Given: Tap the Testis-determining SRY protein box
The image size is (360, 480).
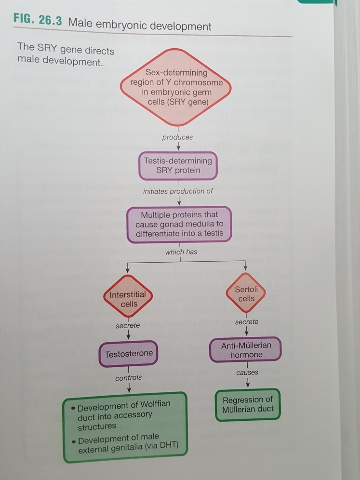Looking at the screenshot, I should [178, 165].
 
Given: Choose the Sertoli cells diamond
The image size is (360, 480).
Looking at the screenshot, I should [246, 293].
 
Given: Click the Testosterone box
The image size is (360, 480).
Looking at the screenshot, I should [129, 354].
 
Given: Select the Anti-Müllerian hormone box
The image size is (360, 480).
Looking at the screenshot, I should [246, 350].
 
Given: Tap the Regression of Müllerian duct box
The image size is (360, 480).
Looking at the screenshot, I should [248, 404].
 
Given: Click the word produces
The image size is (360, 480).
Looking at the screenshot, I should [177, 137].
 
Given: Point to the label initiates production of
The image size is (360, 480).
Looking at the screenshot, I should [178, 191].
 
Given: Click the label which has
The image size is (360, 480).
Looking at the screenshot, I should [181, 252].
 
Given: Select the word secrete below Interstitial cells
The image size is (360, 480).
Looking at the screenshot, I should [128, 326].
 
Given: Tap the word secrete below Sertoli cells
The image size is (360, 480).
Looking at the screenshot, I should [246, 321].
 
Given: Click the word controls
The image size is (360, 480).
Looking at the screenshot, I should [129, 378].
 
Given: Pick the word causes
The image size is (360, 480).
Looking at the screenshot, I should [247, 373].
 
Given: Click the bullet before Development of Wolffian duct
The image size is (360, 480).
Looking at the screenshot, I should [72, 408].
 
